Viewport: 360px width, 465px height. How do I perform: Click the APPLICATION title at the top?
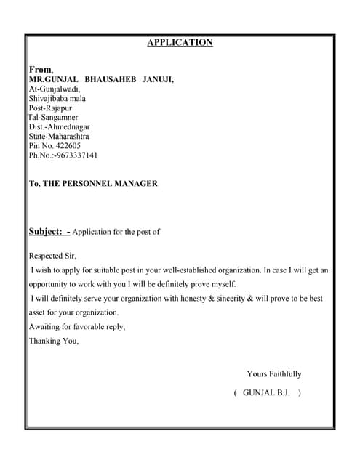[180, 42]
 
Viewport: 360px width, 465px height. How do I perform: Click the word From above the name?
[40, 69]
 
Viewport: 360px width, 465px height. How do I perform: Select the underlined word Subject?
[46, 232]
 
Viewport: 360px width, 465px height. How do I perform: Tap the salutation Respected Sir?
[52, 256]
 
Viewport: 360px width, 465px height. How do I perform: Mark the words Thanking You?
[53, 341]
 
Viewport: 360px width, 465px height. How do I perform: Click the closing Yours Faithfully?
[273, 374]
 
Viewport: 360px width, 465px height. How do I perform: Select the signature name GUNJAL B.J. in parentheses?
[266, 392]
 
